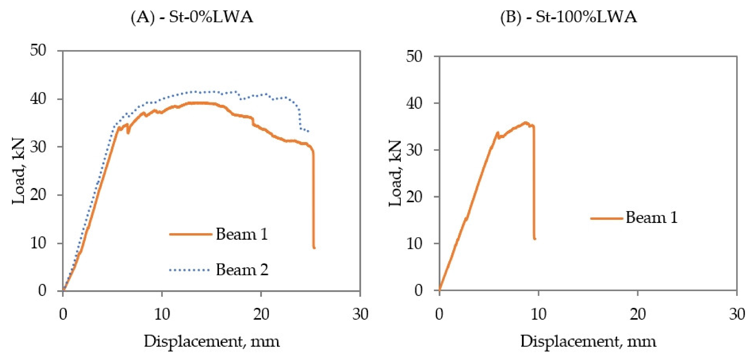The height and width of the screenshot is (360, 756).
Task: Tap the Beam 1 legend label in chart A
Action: pos(242,234)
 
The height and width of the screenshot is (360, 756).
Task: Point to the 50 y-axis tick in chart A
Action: pos(38,50)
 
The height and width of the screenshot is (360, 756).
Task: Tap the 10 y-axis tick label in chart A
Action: pos(38,243)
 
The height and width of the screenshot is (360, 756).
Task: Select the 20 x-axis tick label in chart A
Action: pos(261,315)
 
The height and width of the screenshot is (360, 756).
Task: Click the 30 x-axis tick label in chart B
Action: pos(737,315)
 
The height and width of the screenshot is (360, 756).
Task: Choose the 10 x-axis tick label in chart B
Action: pos(539,315)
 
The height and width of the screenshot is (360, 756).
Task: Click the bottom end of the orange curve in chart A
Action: pos(314,248)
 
